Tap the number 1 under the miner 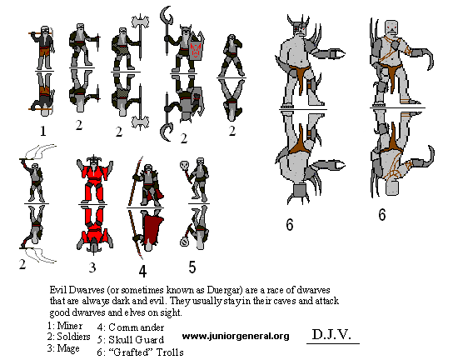43,132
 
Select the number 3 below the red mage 92,267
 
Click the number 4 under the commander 142,271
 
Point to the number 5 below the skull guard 192,267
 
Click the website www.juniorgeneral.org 236,336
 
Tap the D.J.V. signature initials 331,334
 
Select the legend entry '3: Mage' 63,348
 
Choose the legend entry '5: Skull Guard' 131,339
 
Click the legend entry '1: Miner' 65,326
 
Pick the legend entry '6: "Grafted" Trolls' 141,352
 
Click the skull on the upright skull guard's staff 184,165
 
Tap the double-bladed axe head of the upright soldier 141,22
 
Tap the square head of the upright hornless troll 391,28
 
